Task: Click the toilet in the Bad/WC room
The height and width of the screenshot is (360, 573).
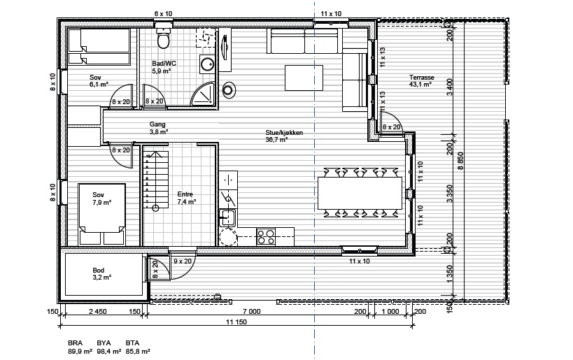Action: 163,38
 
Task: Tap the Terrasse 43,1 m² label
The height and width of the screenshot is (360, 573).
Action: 421,80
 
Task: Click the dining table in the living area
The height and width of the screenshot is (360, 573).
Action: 360,193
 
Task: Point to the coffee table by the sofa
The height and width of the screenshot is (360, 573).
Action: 304,78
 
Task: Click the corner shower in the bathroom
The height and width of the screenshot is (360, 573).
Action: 202,94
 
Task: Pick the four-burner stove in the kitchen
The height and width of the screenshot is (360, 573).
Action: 266,236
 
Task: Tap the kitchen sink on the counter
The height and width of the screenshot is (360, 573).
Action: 227,217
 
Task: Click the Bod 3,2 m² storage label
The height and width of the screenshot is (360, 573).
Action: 101,274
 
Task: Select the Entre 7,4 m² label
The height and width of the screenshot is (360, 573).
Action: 186,198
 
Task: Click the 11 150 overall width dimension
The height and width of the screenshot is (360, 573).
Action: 236,322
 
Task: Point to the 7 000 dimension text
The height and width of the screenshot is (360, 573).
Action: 252,312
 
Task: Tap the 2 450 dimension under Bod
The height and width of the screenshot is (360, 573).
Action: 97,312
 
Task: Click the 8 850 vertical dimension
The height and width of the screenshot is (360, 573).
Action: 460,161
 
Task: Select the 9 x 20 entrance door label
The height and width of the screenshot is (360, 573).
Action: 183,261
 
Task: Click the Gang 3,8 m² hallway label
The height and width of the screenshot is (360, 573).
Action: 158,128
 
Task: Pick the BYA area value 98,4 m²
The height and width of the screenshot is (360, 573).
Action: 109,351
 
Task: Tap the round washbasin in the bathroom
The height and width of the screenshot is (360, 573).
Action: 207,64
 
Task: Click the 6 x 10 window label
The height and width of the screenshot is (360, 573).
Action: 163,13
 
